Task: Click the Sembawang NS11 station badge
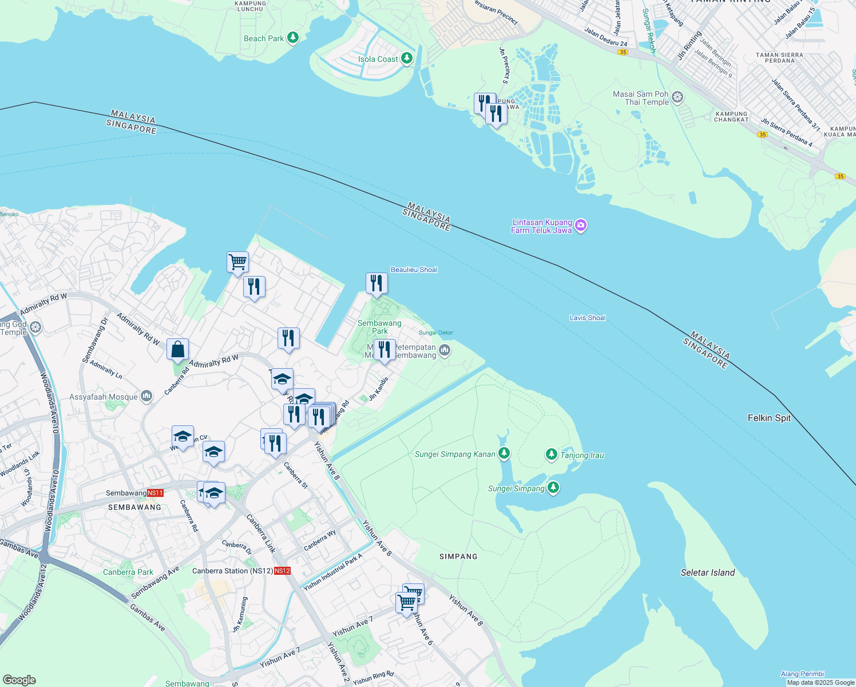click(155, 493)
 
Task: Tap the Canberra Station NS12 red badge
click(282, 571)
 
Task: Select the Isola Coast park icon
click(407, 58)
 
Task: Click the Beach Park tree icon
click(293, 38)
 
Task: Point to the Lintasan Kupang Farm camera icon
click(581, 226)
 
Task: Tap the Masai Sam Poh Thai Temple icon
click(677, 97)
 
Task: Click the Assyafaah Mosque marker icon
click(146, 396)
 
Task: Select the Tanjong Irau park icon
click(551, 455)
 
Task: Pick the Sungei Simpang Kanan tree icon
click(504, 453)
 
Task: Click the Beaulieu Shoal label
click(414, 270)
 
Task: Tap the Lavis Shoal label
click(588, 318)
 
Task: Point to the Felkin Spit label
click(769, 418)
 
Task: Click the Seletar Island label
click(708, 572)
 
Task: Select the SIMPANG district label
click(458, 556)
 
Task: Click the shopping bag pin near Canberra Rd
click(178, 349)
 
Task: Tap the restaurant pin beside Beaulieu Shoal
click(377, 283)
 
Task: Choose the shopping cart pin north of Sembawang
click(237, 262)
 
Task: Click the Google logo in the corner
click(19, 680)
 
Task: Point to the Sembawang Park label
click(379, 327)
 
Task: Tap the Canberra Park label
click(128, 572)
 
